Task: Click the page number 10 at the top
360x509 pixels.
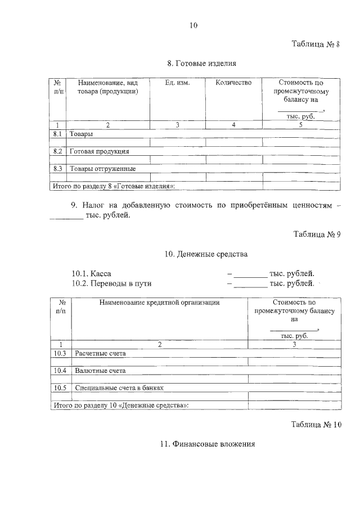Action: click(x=194, y=25)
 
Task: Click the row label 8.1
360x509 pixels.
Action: click(x=57, y=134)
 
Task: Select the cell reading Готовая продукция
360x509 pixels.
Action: click(x=100, y=151)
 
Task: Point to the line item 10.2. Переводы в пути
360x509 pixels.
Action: click(x=111, y=283)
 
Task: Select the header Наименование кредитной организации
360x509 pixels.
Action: click(x=159, y=302)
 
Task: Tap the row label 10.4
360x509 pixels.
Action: click(x=60, y=371)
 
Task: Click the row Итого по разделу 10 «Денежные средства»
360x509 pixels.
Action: click(x=120, y=404)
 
